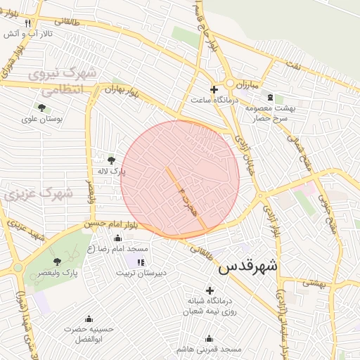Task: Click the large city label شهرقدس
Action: click(248, 267)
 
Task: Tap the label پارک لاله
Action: click(111, 172)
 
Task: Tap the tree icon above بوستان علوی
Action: click(41, 108)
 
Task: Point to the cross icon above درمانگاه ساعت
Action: click(214, 89)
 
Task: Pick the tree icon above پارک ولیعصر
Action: click(57, 262)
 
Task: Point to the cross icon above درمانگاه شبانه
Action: click(209, 290)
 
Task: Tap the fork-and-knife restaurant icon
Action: click(28, 22)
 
